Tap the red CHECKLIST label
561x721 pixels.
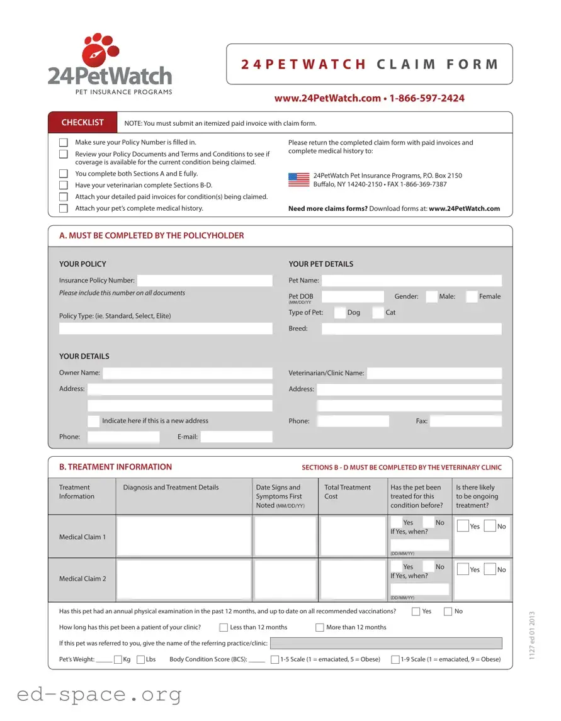pos(82,123)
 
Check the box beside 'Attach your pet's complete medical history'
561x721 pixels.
pos(64,208)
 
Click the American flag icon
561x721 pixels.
pos(298,180)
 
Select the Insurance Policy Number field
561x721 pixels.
pos(205,281)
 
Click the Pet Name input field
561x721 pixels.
pos(412,281)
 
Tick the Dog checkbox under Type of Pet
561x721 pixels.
pos(340,313)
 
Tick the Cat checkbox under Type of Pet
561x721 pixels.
pos(378,313)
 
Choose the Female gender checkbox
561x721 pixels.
pos(472,297)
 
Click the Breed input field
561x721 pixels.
pos(412,328)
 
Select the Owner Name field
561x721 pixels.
pos(188,373)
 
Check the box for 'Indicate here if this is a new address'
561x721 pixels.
pos(93,421)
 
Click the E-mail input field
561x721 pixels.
pos(236,437)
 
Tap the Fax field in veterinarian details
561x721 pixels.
pos(466,422)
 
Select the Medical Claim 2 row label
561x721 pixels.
pos(82,579)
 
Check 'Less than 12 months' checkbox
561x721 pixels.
pos(224,627)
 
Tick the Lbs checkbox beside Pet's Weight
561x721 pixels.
pos(140,659)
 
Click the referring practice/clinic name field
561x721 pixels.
pos(386,643)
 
